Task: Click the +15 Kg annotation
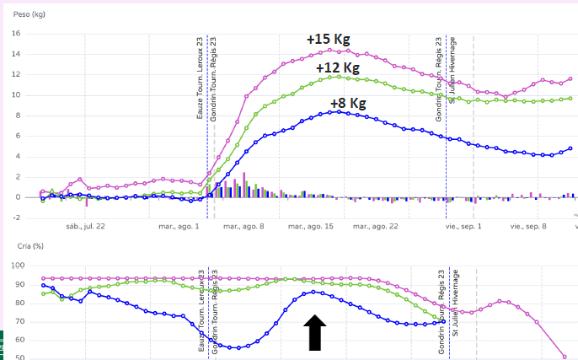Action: tap(328, 39)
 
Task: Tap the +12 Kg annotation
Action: tap(337, 67)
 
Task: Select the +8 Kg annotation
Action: tap(348, 103)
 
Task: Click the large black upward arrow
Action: tap(314, 331)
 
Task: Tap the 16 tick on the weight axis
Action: tap(15, 34)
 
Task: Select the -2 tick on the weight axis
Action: tap(15, 218)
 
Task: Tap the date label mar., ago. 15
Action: tap(310, 226)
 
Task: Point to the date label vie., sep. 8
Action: tap(529, 226)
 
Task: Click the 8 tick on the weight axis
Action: tap(18, 116)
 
